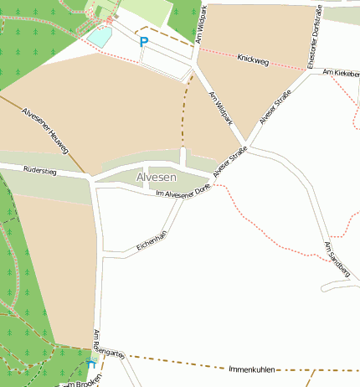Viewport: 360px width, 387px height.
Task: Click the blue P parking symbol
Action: pyautogui.click(x=143, y=41)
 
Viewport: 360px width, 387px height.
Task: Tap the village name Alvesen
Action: pyautogui.click(x=157, y=178)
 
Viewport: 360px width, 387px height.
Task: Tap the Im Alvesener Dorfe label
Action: pyautogui.click(x=183, y=194)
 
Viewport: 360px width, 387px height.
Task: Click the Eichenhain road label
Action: pyautogui.click(x=152, y=241)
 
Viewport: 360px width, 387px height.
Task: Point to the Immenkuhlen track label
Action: pyautogui.click(x=251, y=369)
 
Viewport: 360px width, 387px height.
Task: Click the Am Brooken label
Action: pyautogui.click(x=81, y=381)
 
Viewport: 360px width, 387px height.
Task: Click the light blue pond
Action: pyautogui.click(x=100, y=36)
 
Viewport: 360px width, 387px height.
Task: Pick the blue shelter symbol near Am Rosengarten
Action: pyautogui.click(x=90, y=364)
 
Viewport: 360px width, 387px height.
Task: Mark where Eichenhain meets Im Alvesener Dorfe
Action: pyautogui.click(x=183, y=200)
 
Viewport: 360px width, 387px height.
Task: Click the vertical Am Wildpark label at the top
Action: pyautogui.click(x=201, y=23)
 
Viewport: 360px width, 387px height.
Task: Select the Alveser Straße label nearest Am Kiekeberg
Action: pyautogui.click(x=275, y=107)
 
